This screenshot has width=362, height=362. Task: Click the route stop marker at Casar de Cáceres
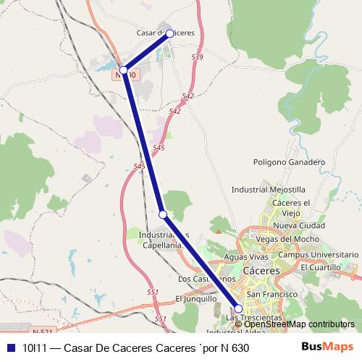tap(170, 33)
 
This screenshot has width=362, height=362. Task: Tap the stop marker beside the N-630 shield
tap(123, 70)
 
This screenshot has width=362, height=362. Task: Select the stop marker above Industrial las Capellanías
tap(163, 214)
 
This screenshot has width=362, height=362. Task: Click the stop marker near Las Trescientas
tap(238, 308)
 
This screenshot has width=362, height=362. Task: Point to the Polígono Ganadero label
tap(289, 162)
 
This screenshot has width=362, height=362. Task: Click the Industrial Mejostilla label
tap(268, 190)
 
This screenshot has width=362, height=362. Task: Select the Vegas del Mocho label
tap(288, 240)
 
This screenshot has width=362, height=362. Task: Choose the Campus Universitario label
tap(319, 255)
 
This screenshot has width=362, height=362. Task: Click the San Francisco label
tap(272, 295)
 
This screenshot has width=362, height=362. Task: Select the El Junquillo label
tap(196, 298)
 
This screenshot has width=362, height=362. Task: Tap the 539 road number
tap(198, 56)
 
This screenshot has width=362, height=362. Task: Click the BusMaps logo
tap(327, 347)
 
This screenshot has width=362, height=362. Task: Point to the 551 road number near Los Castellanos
tap(152, 292)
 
